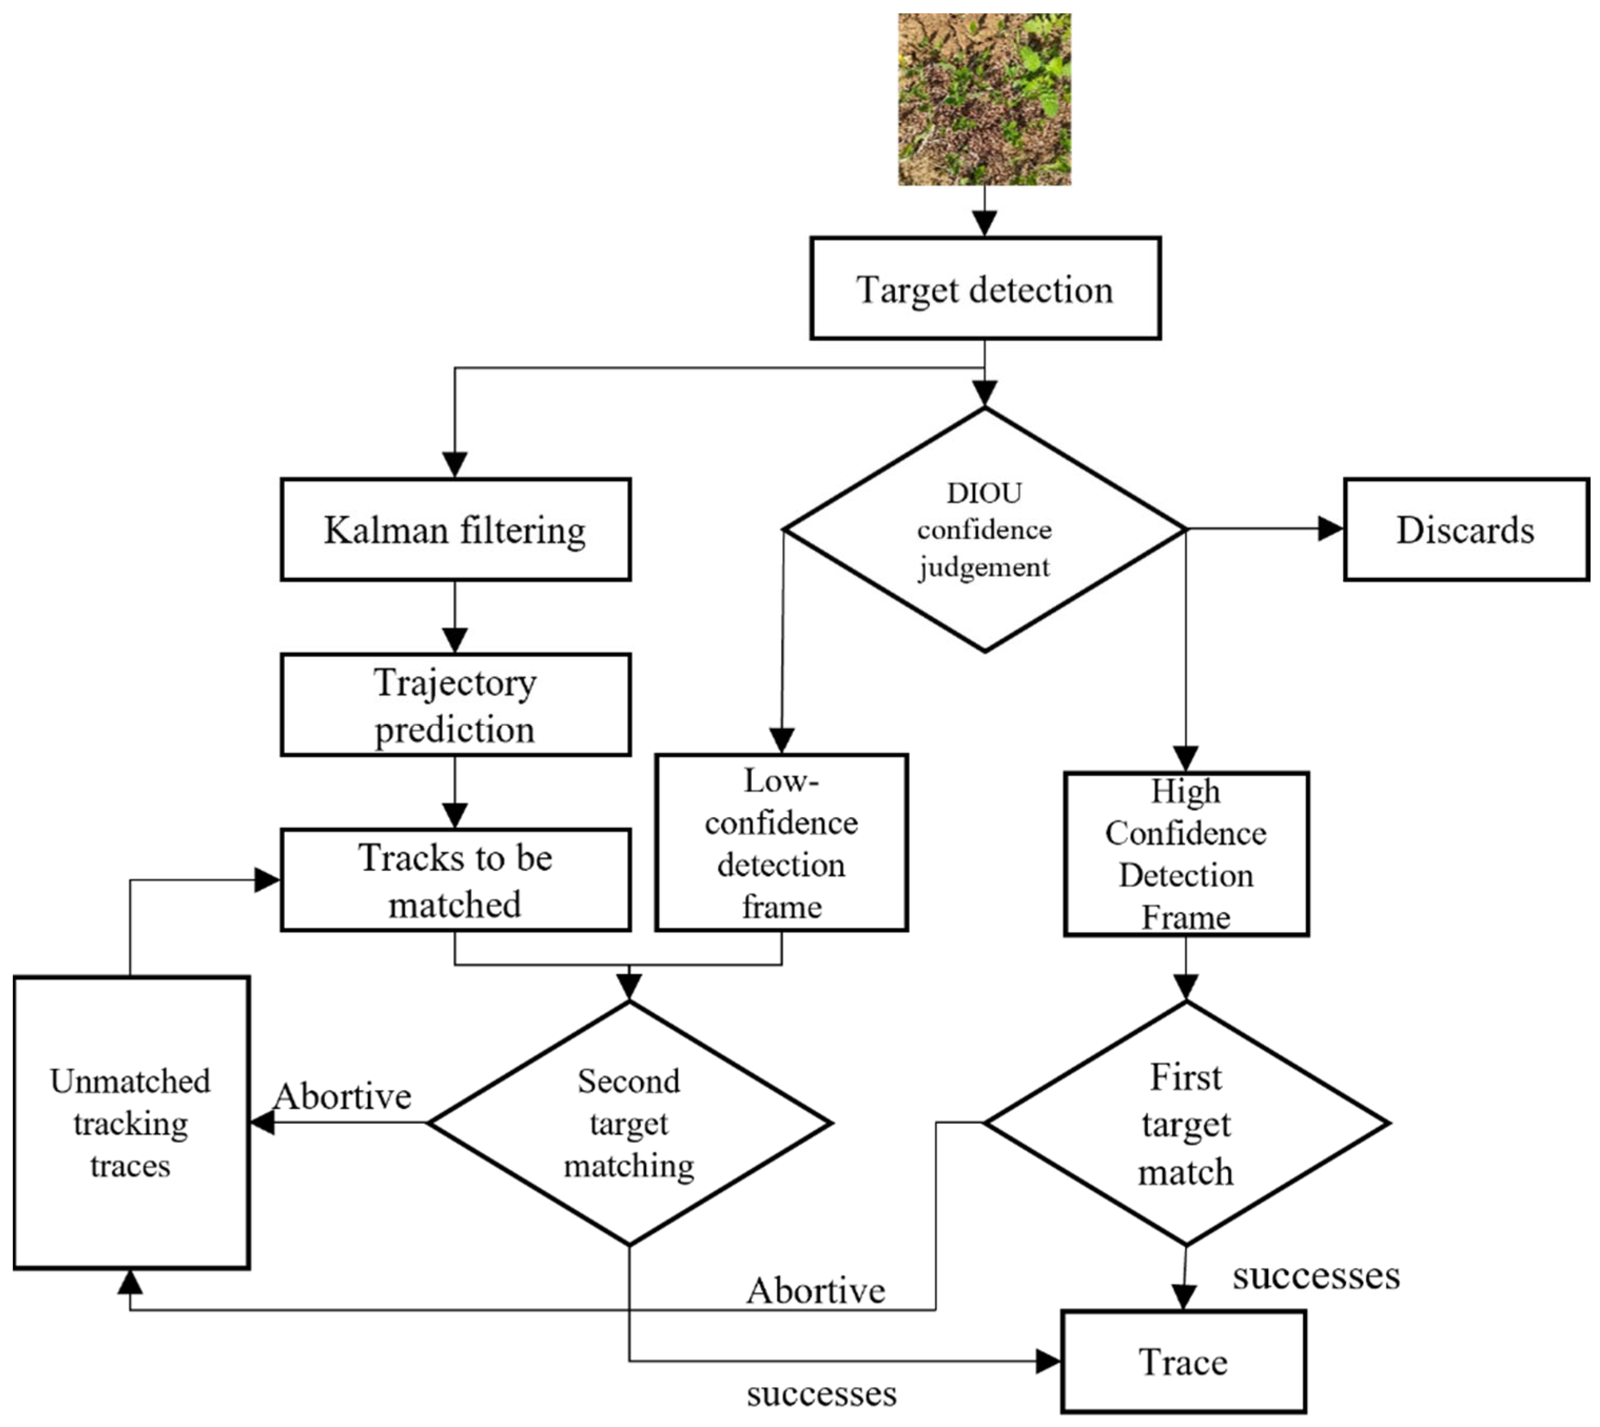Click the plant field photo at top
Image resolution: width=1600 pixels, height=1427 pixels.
pos(984,100)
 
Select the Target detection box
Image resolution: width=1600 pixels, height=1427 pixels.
pos(985,289)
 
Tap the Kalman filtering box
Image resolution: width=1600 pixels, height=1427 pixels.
pos(455,530)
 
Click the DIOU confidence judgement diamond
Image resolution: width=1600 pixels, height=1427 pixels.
pos(984,530)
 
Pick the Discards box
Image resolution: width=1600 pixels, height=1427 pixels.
pos(1465,530)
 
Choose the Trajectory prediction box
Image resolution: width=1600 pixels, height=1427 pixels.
pos(455,705)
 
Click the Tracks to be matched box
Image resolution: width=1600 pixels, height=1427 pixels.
pos(455,880)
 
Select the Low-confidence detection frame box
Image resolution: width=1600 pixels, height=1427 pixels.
pos(781,843)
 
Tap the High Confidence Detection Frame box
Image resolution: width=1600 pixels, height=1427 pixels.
pos(1186,854)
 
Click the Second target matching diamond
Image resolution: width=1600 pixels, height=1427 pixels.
pos(629,1123)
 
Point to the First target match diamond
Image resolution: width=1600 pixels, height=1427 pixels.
pos(1186,1123)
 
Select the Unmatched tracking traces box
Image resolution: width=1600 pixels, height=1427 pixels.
pos(131,1123)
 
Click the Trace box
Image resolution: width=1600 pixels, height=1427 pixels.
pos(1183,1362)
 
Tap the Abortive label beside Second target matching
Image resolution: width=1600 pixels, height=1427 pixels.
pos(343,1096)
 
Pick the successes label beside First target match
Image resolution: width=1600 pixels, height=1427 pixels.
pos(1316,1276)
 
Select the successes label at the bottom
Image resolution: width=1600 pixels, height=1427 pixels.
pos(821,1394)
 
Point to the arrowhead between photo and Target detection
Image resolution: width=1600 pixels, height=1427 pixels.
pos(984,223)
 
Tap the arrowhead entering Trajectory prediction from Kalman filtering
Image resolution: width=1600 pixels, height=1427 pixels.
pos(455,640)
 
